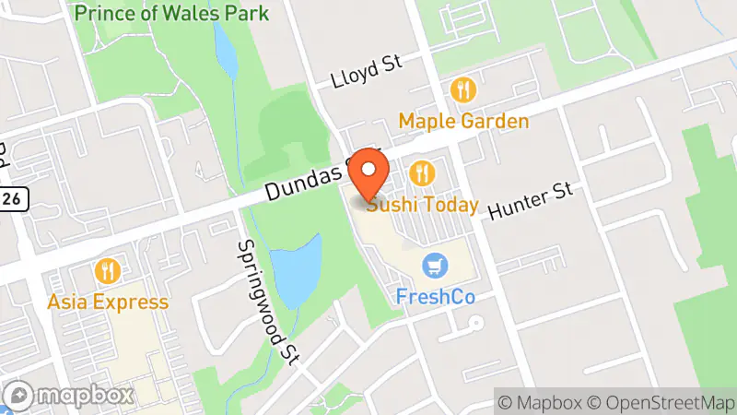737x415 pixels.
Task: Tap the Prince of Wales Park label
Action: pyautogui.click(x=172, y=13)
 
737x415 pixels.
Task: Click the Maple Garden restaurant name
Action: pyautogui.click(x=463, y=122)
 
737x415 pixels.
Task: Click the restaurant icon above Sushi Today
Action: pyautogui.click(x=423, y=172)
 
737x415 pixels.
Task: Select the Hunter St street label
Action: pyautogui.click(x=531, y=199)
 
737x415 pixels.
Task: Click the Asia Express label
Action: pyautogui.click(x=109, y=302)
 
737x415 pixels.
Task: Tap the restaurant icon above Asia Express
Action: pyautogui.click(x=108, y=271)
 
